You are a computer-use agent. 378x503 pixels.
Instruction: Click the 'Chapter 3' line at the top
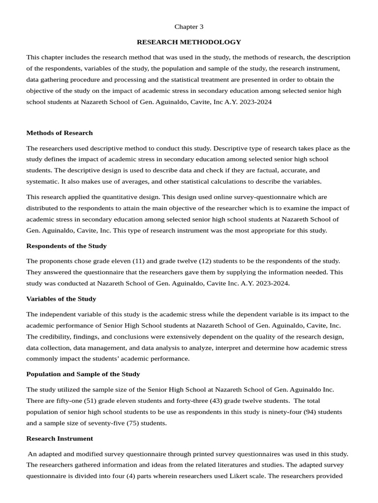click(189, 27)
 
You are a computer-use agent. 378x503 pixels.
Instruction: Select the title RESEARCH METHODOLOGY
click(189, 42)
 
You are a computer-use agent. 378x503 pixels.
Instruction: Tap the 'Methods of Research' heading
click(59, 133)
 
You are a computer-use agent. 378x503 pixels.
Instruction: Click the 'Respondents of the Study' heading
click(66, 246)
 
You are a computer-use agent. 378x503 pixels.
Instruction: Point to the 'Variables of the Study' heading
click(61, 299)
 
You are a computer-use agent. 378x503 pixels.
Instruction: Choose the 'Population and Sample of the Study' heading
click(83, 374)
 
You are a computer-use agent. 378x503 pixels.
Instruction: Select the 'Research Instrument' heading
click(59, 438)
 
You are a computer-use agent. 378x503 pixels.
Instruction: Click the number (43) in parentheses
click(219, 401)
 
